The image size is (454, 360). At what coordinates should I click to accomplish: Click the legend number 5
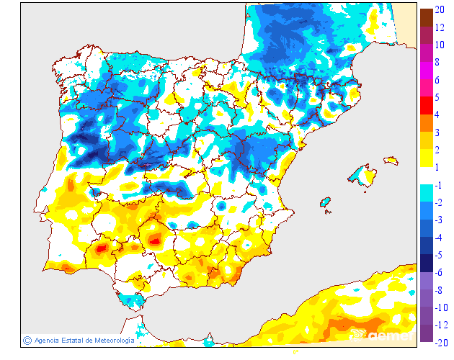pyautogui.click(x=438, y=96)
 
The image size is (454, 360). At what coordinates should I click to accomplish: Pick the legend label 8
pyautogui.click(x=438, y=62)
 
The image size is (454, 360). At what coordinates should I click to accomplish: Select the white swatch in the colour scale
pyautogui.click(x=427, y=176)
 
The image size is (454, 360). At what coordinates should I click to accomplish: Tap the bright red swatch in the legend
pyautogui.click(x=427, y=105)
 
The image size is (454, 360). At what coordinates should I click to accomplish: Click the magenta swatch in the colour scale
pyautogui.click(x=427, y=70)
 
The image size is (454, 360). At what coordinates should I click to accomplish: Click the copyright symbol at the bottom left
pyautogui.click(x=27, y=340)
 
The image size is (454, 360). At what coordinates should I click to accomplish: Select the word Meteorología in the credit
pyautogui.click(x=109, y=340)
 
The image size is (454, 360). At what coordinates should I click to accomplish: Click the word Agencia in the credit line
pyautogui.click(x=48, y=340)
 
